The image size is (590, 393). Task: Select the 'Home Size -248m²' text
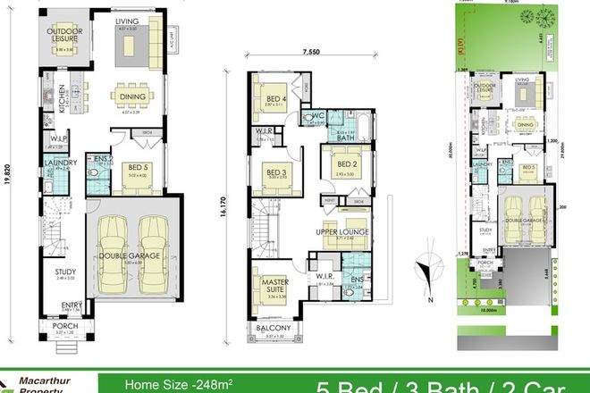point(177,385)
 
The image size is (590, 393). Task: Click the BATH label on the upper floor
point(344,138)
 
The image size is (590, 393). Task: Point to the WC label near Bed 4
point(316,115)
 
